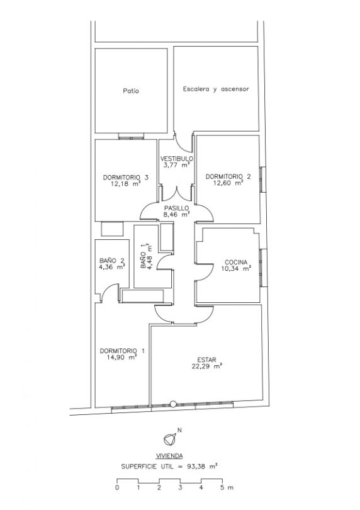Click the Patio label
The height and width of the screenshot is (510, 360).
click(131, 91)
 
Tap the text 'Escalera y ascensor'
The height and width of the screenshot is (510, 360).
click(216, 89)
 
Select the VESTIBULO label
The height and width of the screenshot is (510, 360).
click(177, 159)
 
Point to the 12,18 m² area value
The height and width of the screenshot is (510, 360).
click(125, 183)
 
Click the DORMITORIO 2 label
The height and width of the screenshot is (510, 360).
click(228, 177)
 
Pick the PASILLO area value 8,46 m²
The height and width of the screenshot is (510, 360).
click(177, 214)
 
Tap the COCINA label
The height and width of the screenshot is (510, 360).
click(236, 262)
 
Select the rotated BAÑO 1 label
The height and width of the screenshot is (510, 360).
click(143, 261)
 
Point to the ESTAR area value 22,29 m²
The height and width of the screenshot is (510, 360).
click(207, 366)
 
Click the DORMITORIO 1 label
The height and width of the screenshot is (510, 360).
click(122, 351)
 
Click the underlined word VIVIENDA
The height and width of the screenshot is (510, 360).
click(169, 456)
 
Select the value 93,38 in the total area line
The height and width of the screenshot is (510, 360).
click(196, 467)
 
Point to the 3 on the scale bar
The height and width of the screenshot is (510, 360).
click(180, 487)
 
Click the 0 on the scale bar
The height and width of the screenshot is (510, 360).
click(117, 487)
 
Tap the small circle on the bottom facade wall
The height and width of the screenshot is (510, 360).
click(173, 404)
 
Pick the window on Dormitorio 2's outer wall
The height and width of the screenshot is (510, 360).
click(262, 179)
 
